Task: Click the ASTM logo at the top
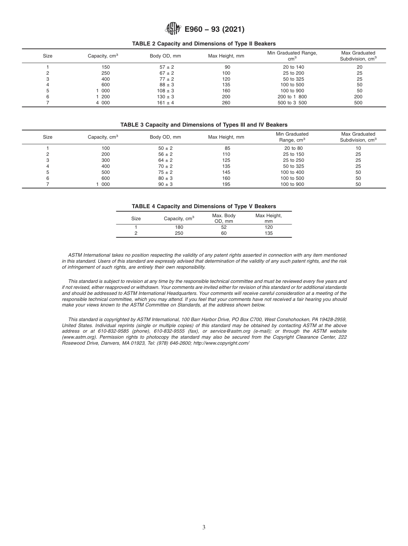click(x=173, y=29)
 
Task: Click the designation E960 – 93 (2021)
click(x=214, y=30)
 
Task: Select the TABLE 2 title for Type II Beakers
click(x=204, y=44)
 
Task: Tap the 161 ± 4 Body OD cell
click(x=165, y=103)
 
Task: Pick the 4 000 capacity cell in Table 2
click(x=103, y=103)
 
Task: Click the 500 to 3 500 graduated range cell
click(x=292, y=103)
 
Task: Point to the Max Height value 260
click(x=226, y=103)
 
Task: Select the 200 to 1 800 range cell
click(x=292, y=97)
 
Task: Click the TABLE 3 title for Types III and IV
click(x=204, y=125)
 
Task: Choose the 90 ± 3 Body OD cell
click(x=165, y=184)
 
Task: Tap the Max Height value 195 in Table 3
click(x=226, y=184)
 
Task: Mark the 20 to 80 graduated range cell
click(x=292, y=148)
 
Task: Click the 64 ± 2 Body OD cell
click(x=165, y=160)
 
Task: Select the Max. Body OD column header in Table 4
click(x=224, y=218)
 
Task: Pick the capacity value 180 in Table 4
click(x=179, y=227)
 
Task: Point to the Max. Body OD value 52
click(x=224, y=227)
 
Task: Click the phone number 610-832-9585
click(x=113, y=331)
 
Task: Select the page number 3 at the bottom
click(x=204, y=528)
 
